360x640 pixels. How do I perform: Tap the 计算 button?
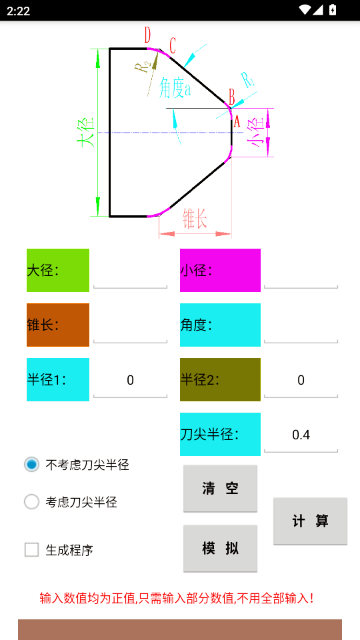310,521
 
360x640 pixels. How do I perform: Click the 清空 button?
220,488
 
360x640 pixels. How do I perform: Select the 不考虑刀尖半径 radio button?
32,464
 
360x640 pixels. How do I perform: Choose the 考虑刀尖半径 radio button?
32,502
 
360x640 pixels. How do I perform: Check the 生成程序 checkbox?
32,549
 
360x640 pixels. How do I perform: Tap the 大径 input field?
130,271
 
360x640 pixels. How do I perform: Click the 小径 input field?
300,271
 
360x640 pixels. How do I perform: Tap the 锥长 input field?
130,326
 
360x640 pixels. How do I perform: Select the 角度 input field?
300,326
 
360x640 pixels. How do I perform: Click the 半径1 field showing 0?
130,380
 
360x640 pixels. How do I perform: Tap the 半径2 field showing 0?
300,380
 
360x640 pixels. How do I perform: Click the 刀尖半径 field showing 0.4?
300,435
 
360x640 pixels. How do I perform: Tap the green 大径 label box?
58,270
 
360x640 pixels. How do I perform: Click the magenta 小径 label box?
220,270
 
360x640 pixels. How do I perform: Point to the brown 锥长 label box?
58,325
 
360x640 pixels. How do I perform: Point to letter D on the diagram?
148,36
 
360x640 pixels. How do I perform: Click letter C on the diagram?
173,45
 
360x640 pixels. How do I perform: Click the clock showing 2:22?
17,10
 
